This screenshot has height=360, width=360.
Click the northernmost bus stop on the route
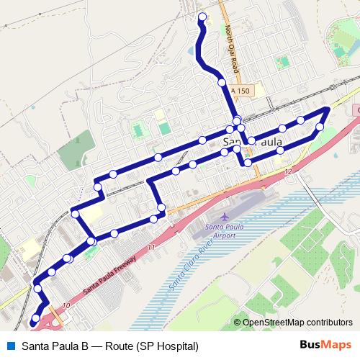(x=202, y=17)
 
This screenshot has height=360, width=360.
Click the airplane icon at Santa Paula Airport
(x=225, y=216)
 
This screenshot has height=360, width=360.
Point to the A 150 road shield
(x=241, y=91)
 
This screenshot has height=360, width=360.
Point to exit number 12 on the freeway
(x=288, y=171)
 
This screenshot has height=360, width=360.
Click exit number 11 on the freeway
(x=150, y=248)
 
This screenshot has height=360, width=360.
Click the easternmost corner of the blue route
(x=328, y=109)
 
